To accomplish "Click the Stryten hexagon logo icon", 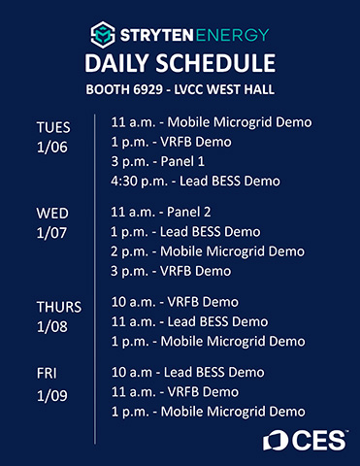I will tap(101, 36).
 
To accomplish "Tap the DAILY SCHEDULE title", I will tap(180, 66).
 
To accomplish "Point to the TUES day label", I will tap(54, 127).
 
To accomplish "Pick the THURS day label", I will tap(59, 307).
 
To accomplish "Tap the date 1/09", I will tap(52, 396).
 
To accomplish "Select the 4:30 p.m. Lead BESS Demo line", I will tap(197, 180).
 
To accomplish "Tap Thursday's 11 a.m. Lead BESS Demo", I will tap(189, 321).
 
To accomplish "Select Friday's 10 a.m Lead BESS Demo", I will tap(187, 373).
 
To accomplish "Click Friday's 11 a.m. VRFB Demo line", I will tap(175, 391).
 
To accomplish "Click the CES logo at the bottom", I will tap(304, 440).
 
